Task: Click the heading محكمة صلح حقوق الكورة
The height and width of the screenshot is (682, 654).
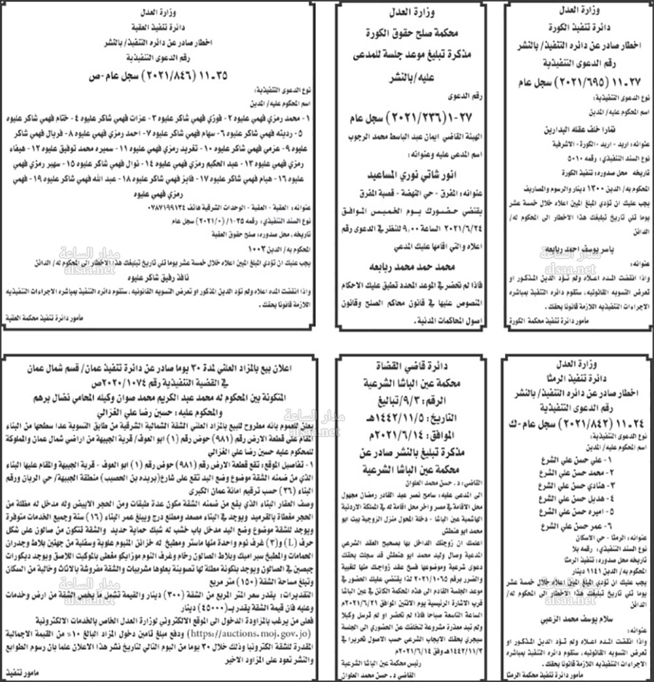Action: pyautogui.click(x=417, y=31)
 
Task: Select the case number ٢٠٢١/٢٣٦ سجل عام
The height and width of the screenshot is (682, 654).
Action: pyautogui.click(x=417, y=121)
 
